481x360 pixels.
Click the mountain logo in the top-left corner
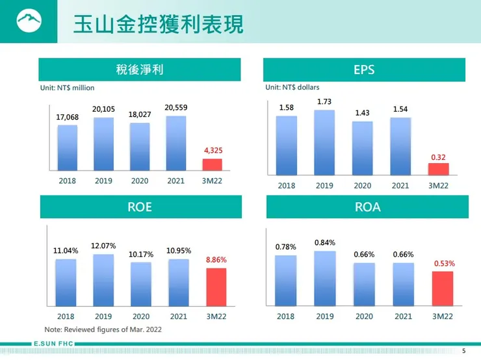pos(28,23)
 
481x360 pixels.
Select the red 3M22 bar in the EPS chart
pos(438,169)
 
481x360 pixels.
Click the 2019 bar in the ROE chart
pos(103,279)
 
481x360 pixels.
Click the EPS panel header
pos(364,70)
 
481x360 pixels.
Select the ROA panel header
pos(367,207)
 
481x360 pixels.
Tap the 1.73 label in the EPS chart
pos(324,102)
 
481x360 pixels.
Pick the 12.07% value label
pos(103,246)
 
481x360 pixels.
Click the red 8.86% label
pos(216,259)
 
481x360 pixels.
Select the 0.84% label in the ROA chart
pos(324,242)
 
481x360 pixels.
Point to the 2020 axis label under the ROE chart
pos(140,316)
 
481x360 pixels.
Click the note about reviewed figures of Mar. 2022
pos(103,329)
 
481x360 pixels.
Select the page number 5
pos(463,351)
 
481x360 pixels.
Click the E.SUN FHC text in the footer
pos(53,343)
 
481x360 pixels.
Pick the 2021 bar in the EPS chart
pos(400,146)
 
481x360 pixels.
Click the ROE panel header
pos(140,207)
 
